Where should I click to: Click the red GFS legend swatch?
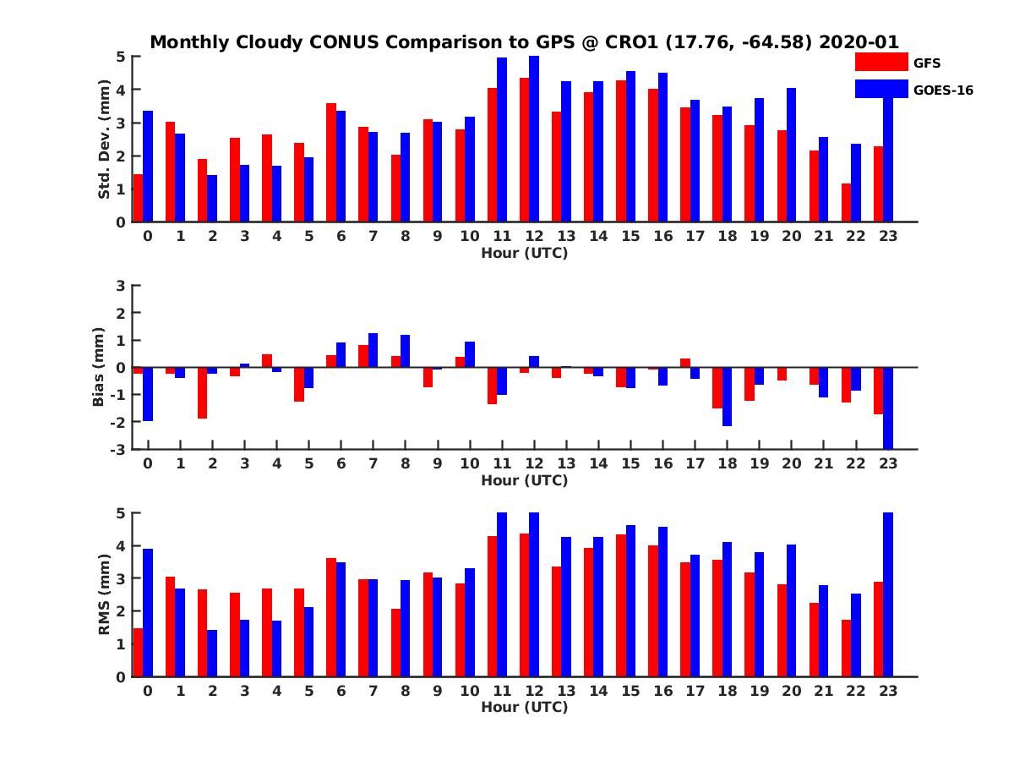tap(881, 62)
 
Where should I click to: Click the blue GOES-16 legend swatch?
tap(881, 88)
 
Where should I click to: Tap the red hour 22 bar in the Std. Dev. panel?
tap(846, 203)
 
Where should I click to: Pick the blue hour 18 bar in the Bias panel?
tap(727, 397)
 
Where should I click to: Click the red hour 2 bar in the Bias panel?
tap(203, 392)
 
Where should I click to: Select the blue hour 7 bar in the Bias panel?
tap(373, 350)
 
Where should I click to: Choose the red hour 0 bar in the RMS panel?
tap(139, 652)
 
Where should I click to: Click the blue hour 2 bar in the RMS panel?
tap(212, 653)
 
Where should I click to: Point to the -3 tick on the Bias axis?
tap(118, 449)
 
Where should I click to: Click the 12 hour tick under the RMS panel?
tap(534, 690)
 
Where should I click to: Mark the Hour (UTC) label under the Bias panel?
tap(524, 480)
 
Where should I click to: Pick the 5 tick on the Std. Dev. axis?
tap(121, 57)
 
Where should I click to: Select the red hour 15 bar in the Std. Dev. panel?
tap(621, 151)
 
